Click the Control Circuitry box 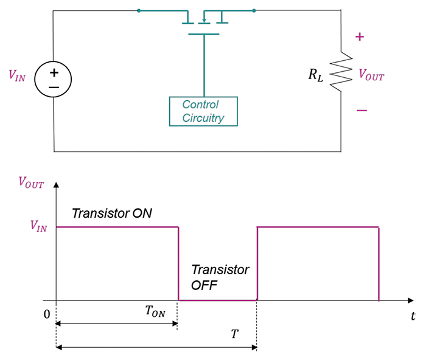[203, 111]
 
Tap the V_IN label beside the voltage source [17, 76]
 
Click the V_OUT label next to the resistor [371, 75]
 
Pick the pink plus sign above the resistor [360, 37]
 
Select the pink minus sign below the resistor [361, 110]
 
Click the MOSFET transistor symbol [203, 21]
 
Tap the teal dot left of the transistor [139, 10]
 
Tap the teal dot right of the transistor [254, 10]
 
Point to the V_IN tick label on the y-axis [33, 227]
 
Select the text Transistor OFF [220, 277]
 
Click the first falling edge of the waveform [178, 263]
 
